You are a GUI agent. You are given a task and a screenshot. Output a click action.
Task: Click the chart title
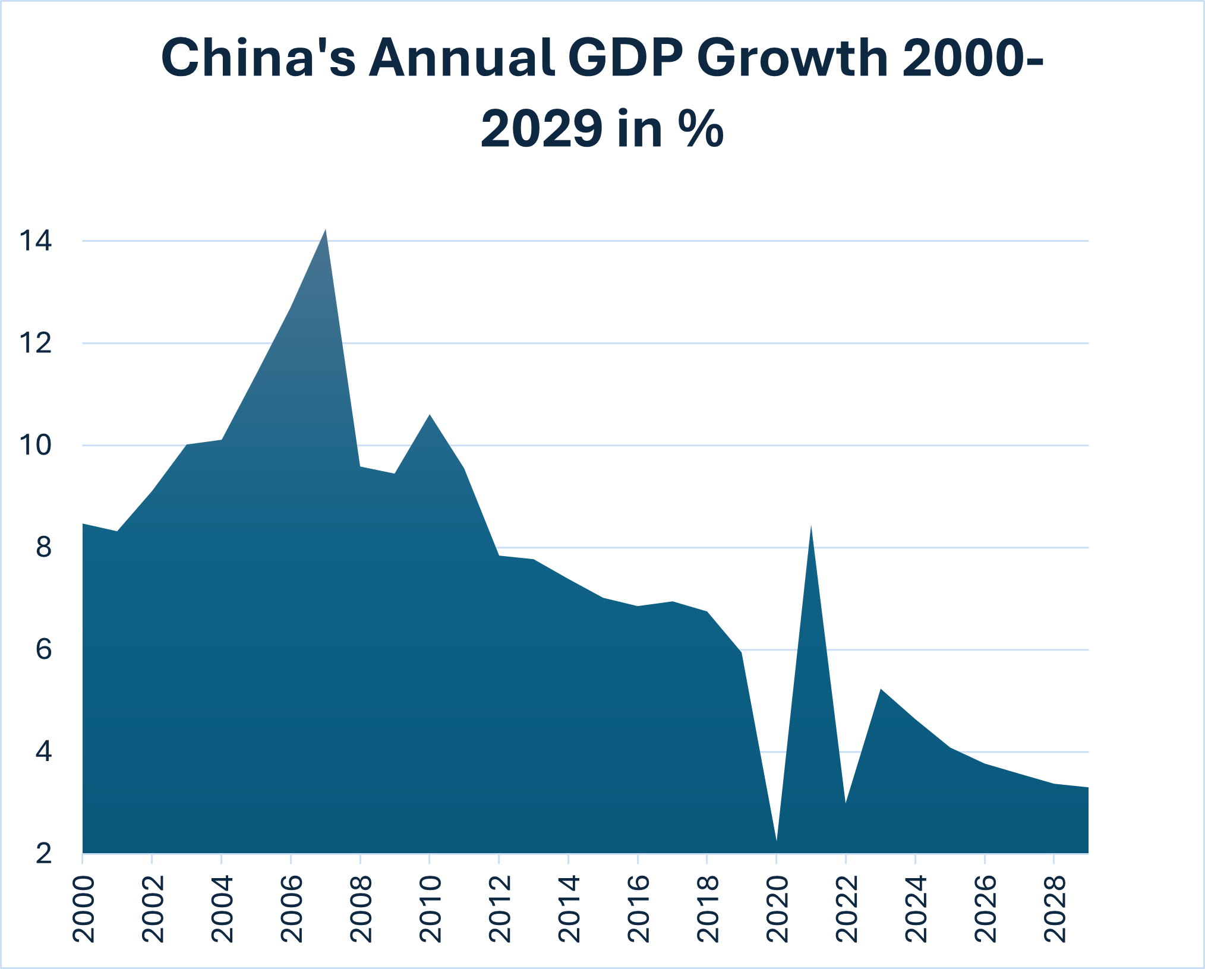pyautogui.click(x=602, y=93)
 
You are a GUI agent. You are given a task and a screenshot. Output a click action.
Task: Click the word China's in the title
pyautogui.click(x=258, y=58)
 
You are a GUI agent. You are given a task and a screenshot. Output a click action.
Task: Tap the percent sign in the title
pyautogui.click(x=704, y=129)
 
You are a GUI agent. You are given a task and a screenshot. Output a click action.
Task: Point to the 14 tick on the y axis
pyautogui.click(x=36, y=241)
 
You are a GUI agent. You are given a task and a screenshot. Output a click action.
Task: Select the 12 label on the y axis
pyautogui.click(x=36, y=343)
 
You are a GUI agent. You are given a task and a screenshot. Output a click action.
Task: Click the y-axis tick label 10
pyautogui.click(x=36, y=446)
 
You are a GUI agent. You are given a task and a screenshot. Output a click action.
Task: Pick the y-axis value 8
pyautogui.click(x=43, y=548)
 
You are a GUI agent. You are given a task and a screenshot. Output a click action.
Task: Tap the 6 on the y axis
pyautogui.click(x=43, y=650)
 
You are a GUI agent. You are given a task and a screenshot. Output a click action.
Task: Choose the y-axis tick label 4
pyautogui.click(x=43, y=752)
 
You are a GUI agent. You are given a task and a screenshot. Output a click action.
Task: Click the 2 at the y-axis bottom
pyautogui.click(x=43, y=854)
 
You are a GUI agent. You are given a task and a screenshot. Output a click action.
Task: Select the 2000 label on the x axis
pyautogui.click(x=84, y=909)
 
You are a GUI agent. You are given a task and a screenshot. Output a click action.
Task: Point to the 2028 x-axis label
pyautogui.click(x=1055, y=909)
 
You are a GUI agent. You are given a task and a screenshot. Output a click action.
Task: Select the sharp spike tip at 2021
pyautogui.click(x=811, y=527)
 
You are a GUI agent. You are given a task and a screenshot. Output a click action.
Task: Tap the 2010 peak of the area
pyautogui.click(x=430, y=416)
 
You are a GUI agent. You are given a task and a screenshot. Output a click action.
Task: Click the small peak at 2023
pyautogui.click(x=881, y=690)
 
